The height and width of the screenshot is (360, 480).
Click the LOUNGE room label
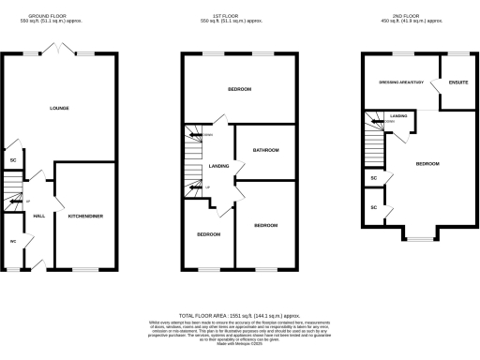tap(59, 109)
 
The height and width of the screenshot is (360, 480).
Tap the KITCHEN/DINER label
tap(85, 217)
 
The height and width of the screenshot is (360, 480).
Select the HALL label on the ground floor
tap(39, 217)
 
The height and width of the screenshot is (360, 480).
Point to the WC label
tap(13, 241)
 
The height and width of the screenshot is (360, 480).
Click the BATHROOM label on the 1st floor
tap(266, 150)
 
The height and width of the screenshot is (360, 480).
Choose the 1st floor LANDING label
tap(219, 166)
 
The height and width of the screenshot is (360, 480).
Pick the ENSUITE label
tap(458, 82)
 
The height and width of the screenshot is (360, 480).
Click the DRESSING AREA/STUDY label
tap(400, 82)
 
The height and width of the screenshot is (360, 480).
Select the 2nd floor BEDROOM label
tap(427, 164)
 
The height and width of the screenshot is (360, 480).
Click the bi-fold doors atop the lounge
tap(59, 48)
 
